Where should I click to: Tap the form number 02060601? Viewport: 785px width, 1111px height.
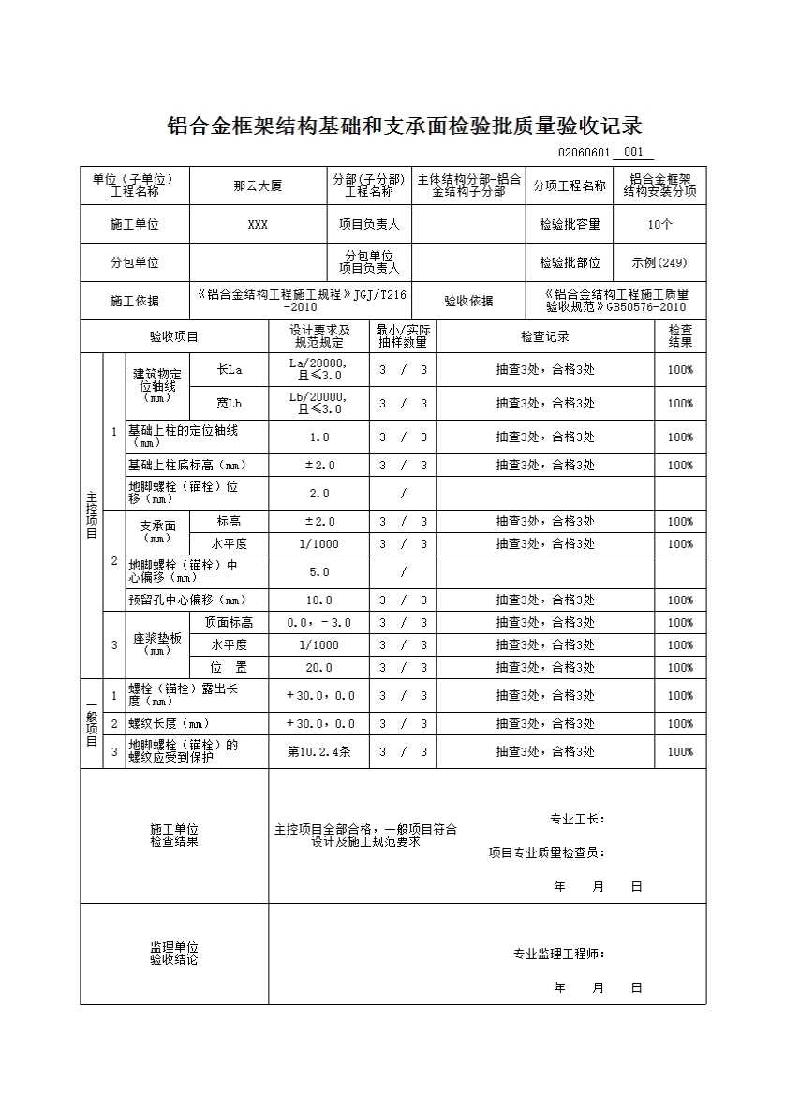584,153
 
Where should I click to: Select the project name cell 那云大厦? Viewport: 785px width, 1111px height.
258,185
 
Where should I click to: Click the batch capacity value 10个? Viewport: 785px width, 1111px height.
659,225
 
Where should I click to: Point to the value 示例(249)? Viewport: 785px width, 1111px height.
659,263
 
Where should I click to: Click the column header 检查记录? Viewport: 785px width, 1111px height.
545,336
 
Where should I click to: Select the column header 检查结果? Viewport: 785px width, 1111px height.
680,336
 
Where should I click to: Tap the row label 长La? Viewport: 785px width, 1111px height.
230,370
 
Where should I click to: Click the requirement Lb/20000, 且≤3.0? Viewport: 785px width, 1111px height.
318,403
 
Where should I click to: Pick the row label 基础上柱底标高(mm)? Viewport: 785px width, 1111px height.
187,466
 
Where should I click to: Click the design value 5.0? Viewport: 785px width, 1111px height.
318,571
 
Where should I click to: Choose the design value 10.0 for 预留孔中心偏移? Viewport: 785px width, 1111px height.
318,600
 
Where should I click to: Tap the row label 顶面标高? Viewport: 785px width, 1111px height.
230,623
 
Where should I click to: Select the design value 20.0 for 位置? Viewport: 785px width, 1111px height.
318,668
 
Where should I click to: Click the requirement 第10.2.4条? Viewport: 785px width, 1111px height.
318,751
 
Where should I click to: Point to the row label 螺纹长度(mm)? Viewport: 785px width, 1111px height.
169,724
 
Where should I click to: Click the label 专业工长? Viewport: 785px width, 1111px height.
577,820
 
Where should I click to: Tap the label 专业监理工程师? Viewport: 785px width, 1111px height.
558,955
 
